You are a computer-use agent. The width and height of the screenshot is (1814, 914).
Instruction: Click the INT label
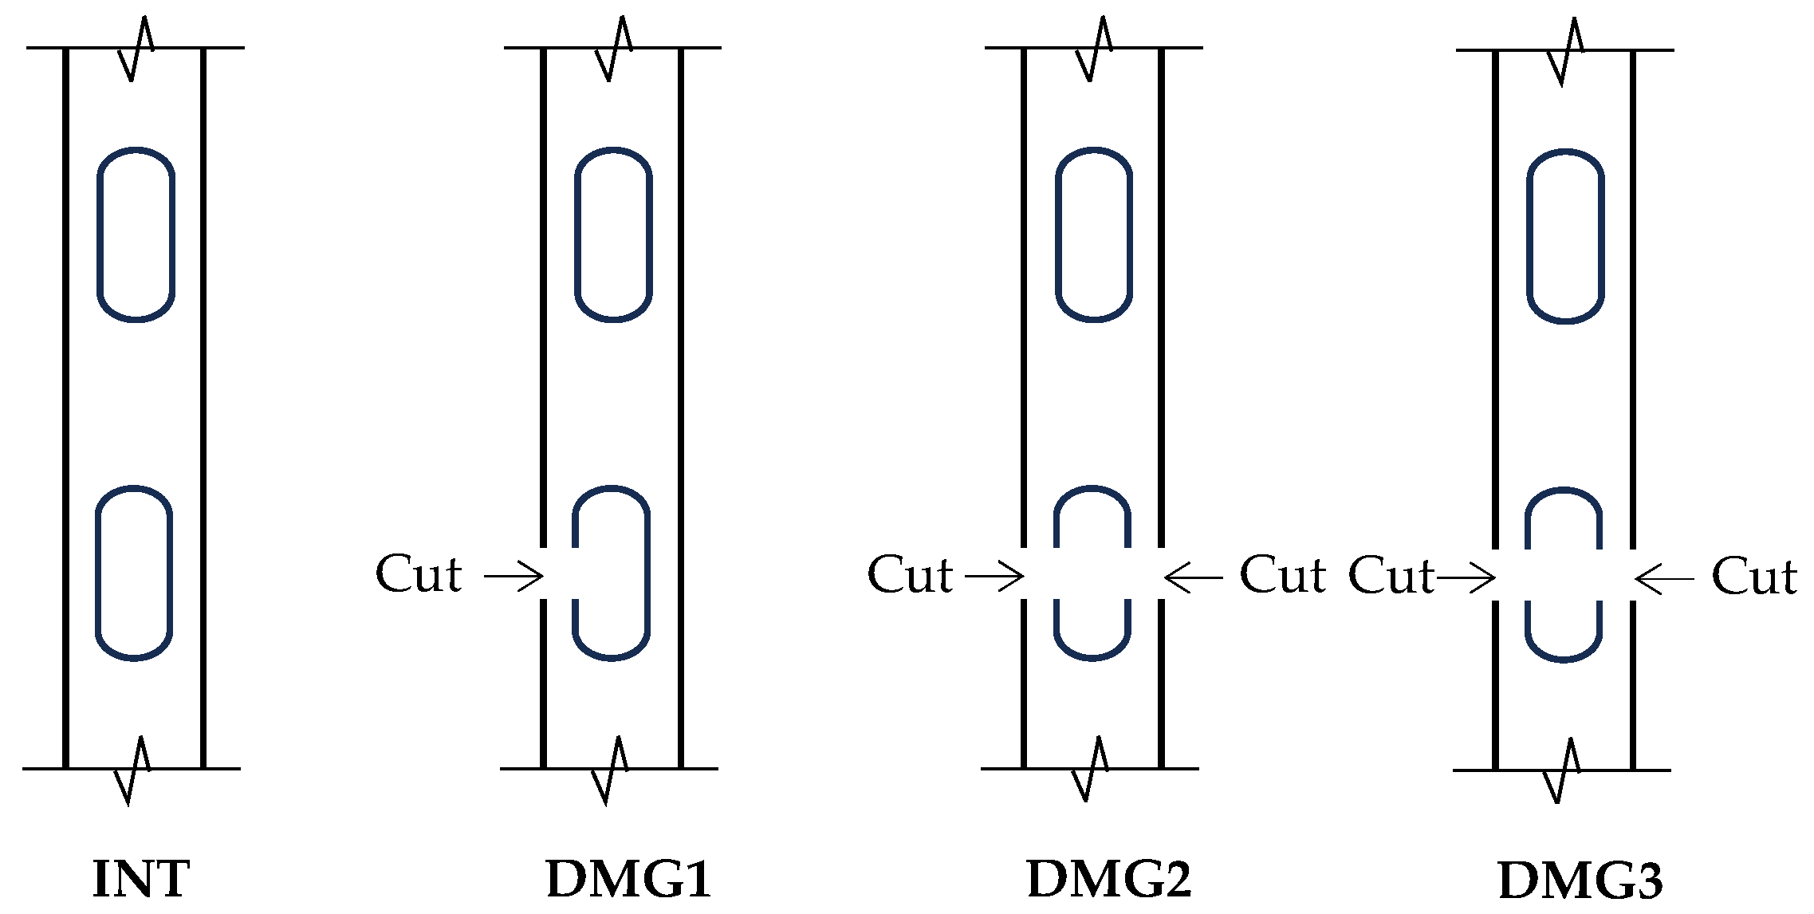[x=141, y=879]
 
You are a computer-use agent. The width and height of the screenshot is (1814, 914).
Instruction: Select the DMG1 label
[x=628, y=879]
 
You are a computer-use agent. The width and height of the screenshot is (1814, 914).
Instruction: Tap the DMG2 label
[x=1109, y=879]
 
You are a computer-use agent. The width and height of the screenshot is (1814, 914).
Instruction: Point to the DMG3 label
[x=1580, y=881]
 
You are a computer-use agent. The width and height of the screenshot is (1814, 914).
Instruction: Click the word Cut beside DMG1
[x=419, y=574]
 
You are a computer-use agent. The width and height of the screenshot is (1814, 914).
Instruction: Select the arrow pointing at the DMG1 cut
[x=514, y=576]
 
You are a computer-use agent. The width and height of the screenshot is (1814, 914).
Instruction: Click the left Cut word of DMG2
[x=910, y=575]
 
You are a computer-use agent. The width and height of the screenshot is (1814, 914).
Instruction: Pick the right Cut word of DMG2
[x=1282, y=575]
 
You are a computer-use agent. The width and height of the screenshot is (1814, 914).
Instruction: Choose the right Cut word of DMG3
[x=1754, y=577]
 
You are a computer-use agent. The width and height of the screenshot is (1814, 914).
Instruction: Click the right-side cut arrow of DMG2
[x=1193, y=577]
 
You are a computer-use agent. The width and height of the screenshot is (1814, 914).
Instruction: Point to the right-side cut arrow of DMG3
[x=1664, y=578]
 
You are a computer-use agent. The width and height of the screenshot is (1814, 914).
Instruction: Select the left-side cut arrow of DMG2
[x=994, y=576]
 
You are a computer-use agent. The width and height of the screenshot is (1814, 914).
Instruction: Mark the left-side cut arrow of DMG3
[x=1466, y=577]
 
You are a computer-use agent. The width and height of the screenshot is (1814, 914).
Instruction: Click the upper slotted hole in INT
[x=136, y=234]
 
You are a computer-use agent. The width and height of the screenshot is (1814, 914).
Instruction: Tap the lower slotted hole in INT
[x=134, y=573]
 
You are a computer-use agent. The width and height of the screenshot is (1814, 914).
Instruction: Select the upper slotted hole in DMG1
[x=613, y=234]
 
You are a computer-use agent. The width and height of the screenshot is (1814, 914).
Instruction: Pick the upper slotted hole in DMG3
[x=1565, y=236]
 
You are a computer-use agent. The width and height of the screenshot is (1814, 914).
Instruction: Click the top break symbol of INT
[x=136, y=48]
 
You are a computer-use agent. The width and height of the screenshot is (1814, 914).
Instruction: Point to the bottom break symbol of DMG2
[x=1090, y=768]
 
